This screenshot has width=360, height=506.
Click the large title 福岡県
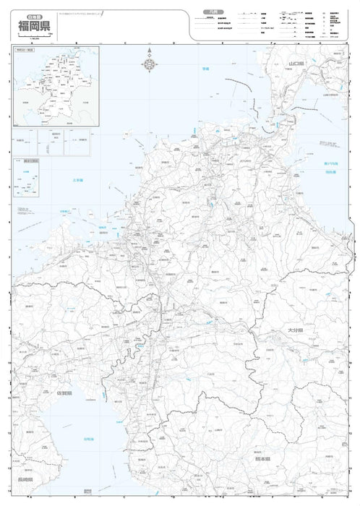click(37, 28)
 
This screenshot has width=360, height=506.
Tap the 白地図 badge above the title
click(30, 14)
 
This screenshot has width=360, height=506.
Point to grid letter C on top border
click(124, 43)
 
